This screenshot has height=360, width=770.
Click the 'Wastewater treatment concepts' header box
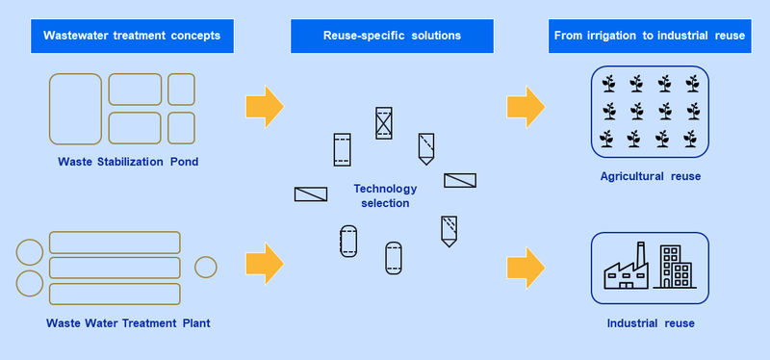132,36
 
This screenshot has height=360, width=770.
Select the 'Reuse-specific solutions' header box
392,36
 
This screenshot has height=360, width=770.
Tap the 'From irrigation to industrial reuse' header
650,36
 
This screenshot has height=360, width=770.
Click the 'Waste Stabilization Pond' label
128,162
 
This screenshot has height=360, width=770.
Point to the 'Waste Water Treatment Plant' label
128,323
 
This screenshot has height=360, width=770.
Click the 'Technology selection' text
385,195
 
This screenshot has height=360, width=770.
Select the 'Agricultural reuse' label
651,176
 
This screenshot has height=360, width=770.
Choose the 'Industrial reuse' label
651,323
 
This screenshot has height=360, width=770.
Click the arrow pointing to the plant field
526,107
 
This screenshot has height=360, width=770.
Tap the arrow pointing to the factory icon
526,268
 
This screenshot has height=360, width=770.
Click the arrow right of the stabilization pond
265,107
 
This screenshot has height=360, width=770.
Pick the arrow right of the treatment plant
265,264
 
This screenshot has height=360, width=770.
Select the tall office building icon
670,267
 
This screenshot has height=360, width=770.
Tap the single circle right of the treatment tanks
206,268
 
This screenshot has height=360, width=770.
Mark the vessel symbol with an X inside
383,123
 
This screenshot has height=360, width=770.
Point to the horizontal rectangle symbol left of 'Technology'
311,194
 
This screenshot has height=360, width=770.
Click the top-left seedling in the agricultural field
609,84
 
